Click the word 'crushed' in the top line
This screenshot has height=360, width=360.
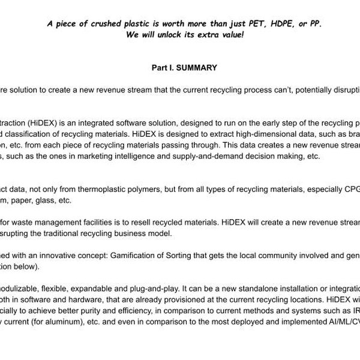click(x=121, y=24)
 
